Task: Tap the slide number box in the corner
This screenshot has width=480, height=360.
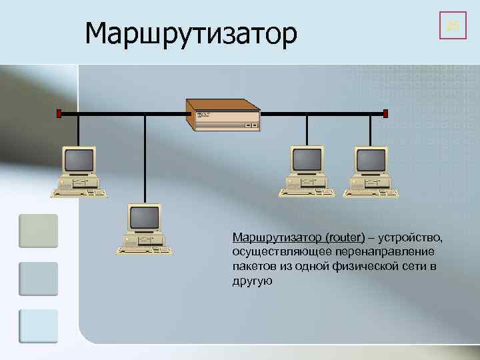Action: point(453,26)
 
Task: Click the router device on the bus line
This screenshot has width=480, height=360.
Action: point(223,115)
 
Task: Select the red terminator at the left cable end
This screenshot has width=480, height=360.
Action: point(59,114)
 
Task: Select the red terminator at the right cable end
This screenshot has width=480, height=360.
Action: point(386,114)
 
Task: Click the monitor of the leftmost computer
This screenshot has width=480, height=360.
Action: point(78,160)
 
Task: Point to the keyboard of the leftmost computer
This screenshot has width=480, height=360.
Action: point(79,194)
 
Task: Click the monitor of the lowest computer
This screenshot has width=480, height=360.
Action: point(144,217)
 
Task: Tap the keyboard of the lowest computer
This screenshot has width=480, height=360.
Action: point(145,251)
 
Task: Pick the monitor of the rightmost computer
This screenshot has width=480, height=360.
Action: point(371,160)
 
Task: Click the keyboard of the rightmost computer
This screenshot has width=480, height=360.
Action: point(371,194)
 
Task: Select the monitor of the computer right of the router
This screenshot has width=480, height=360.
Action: point(307,160)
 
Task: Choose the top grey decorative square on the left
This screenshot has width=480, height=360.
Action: point(38,231)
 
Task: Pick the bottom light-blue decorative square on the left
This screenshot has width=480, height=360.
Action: point(38,326)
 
